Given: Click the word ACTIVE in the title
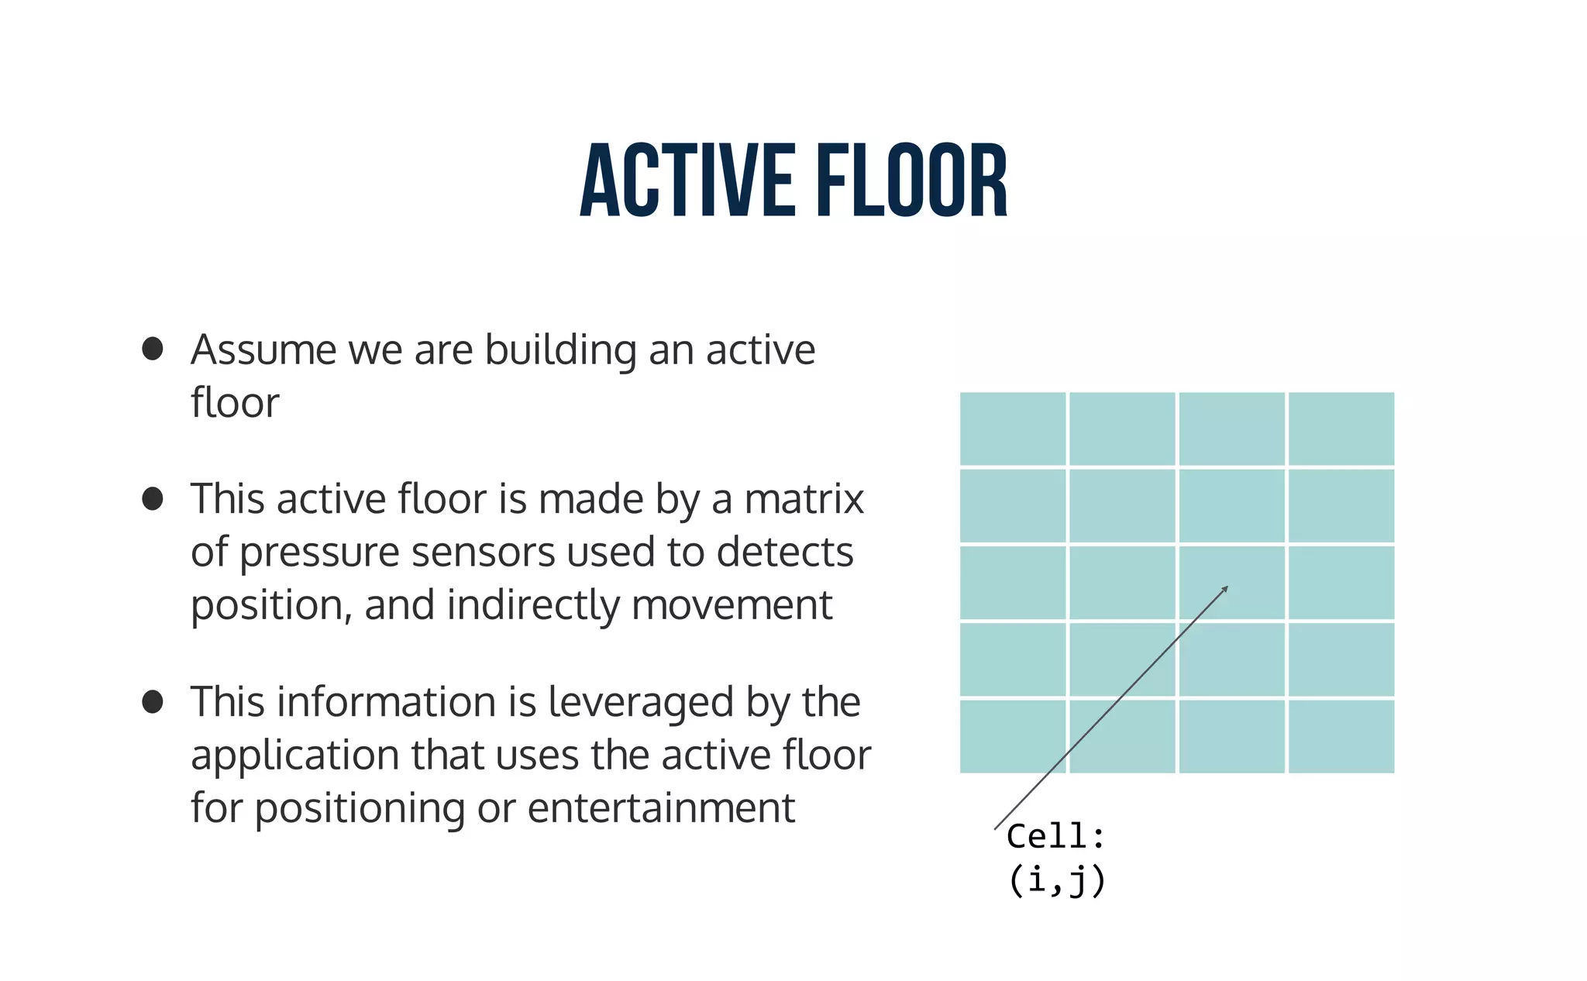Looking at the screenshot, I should (687, 181).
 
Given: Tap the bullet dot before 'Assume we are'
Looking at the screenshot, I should (153, 349).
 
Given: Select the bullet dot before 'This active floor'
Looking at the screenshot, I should (153, 498).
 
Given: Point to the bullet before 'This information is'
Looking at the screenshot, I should (153, 702).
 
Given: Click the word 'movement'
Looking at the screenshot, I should (732, 605).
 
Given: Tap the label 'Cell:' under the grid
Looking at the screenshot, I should (1055, 836).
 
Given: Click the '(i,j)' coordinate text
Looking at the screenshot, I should (1056, 880).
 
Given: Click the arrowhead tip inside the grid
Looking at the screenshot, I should (1227, 587).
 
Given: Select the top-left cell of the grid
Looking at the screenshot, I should (1013, 429).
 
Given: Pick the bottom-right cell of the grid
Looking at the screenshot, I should (1341, 736).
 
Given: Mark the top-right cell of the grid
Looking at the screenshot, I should (1341, 429).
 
